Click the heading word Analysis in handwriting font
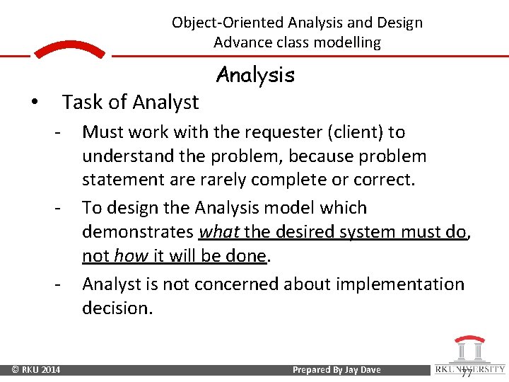[x=255, y=75]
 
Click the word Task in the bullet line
[x=80, y=103]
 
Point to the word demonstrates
[x=138, y=232]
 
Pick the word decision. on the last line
[x=117, y=308]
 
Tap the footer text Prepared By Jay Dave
[x=337, y=370]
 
